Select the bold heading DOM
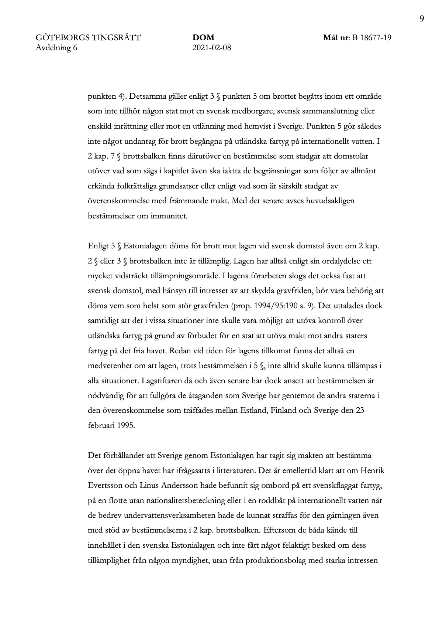click(203, 38)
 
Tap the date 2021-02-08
click(212, 47)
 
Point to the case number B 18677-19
click(371, 38)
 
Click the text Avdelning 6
click(56, 47)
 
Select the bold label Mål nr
click(336, 38)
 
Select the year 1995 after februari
click(126, 425)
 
